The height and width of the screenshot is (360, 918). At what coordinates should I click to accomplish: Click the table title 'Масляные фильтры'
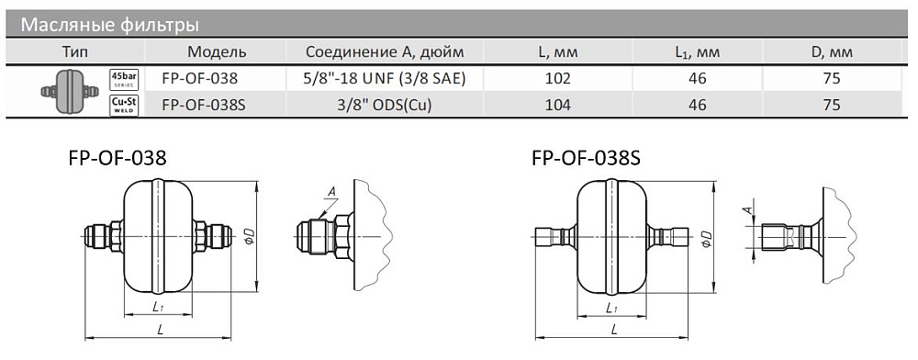click(110, 26)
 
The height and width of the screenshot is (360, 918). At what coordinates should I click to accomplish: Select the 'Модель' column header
click(217, 52)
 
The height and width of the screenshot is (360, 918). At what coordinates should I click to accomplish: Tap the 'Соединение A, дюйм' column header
click(385, 52)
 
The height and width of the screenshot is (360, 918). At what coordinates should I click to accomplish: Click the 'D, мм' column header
click(832, 52)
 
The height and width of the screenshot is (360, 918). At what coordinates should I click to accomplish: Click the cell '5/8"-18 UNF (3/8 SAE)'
click(385, 78)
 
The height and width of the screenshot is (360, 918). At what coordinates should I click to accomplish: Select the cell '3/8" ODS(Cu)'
click(385, 105)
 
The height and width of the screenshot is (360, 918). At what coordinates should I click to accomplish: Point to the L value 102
click(557, 78)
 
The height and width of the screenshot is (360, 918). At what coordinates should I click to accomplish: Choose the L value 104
click(557, 105)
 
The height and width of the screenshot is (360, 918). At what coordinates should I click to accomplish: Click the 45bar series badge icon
click(124, 78)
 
